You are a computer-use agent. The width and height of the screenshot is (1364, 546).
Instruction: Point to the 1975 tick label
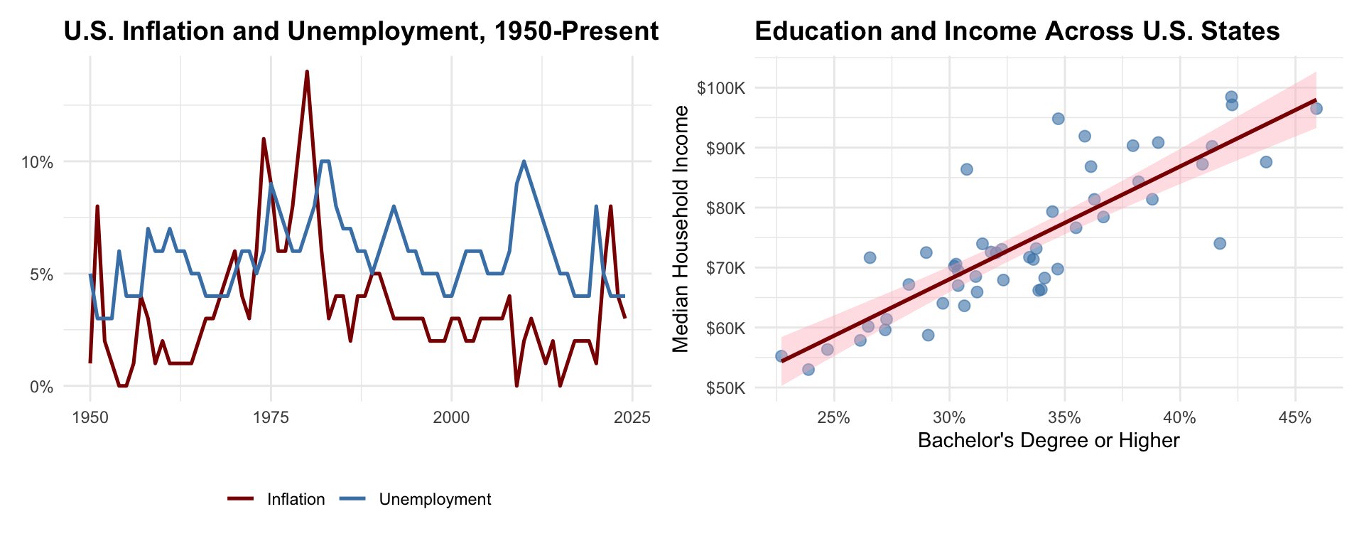coord(271,418)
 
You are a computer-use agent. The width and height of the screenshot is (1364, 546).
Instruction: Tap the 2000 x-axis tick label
coord(451,418)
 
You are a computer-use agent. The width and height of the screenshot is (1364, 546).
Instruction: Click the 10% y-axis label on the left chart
coord(38,162)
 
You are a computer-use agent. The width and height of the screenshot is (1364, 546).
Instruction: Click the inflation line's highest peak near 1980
coord(307,71)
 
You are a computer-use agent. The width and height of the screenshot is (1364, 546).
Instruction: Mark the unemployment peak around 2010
coord(524,161)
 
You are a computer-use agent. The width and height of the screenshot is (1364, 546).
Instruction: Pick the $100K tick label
coord(721,88)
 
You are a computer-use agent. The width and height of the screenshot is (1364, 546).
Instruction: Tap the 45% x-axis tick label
coord(1294,418)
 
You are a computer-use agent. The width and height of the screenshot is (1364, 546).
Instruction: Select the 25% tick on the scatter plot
coord(834,418)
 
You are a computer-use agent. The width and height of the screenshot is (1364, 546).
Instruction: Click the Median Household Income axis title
coord(681,229)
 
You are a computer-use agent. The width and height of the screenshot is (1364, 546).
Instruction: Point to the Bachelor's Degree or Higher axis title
coord(1049,441)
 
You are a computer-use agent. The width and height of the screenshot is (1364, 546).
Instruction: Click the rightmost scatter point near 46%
coord(1316,109)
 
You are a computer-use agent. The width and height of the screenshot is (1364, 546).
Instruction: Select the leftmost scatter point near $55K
coord(781,356)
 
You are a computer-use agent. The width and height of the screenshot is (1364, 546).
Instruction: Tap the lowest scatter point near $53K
coord(808,370)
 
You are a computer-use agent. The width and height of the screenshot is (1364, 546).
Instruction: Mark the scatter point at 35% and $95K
coord(1059,119)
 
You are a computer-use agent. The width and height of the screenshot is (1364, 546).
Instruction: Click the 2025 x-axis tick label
coord(632,418)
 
